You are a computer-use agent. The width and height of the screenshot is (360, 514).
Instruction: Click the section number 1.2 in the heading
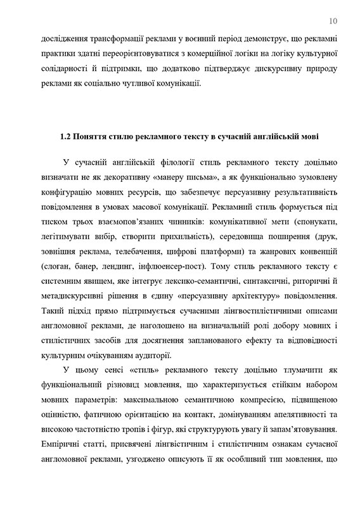(x=65, y=136)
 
